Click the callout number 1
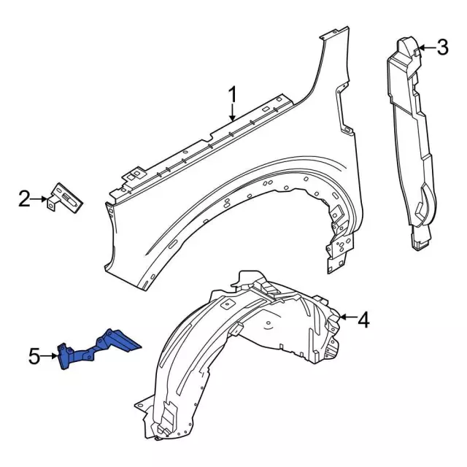tap(232, 96)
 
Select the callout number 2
tap(24, 198)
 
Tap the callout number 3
tap(442, 49)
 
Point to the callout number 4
tap(363, 319)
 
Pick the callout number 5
tap(34, 357)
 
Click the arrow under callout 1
tap(232, 113)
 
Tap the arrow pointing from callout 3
tap(425, 49)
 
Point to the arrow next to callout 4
tap(347, 318)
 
